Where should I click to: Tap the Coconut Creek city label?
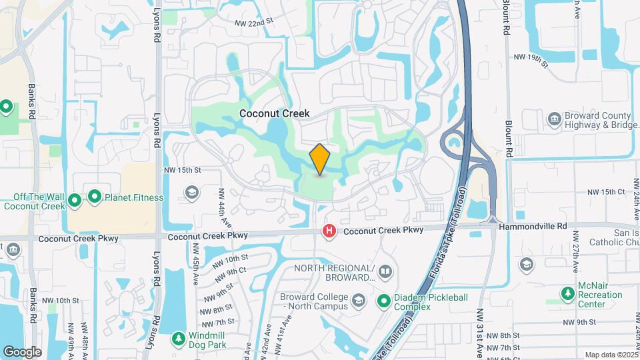point(274,113)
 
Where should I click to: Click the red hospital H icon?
point(329,231)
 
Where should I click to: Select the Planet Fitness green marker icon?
point(95,197)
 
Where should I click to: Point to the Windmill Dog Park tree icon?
point(178,339)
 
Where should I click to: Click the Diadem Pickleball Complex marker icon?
point(384,301)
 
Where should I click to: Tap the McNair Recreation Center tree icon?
point(567,293)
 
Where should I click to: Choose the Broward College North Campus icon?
point(359,301)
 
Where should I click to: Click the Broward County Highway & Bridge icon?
point(554,119)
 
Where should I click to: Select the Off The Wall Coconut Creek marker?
point(75,198)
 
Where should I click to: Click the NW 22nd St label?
point(254,22)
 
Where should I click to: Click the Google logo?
point(22,351)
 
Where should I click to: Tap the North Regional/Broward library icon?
point(385,273)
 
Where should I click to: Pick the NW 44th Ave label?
point(221,206)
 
